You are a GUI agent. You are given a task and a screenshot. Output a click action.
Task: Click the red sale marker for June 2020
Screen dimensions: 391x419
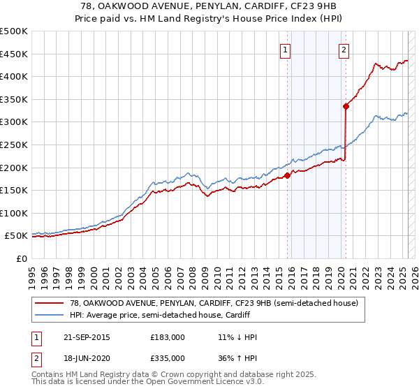(346, 106)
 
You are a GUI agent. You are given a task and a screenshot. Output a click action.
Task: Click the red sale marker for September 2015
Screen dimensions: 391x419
(287, 175)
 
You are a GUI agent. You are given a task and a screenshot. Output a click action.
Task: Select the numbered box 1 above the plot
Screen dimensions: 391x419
(286, 50)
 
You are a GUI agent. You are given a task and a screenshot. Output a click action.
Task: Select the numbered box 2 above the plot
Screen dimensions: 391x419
(345, 50)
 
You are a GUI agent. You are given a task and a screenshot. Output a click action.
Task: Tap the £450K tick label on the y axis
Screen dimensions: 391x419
(14, 54)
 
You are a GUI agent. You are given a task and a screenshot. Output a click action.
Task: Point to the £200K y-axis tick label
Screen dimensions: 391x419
(14, 168)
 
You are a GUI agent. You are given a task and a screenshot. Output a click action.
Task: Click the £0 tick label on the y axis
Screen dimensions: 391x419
(21, 258)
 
